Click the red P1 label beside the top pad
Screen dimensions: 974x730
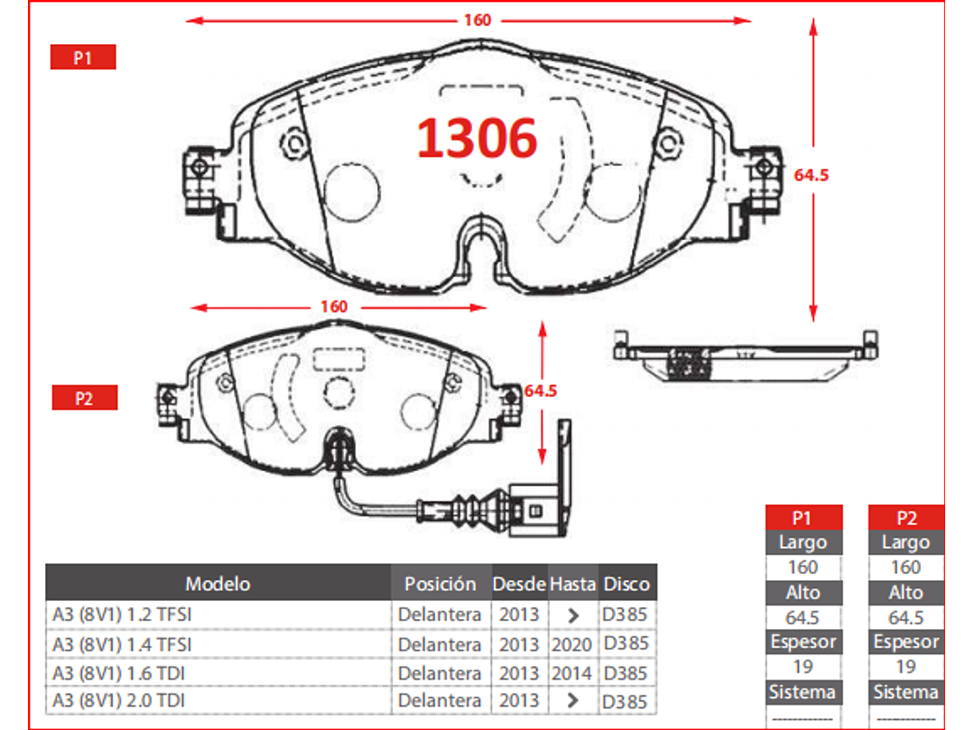tap(83, 57)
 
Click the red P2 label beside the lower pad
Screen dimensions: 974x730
tap(85, 398)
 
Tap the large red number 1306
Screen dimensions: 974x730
tap(477, 138)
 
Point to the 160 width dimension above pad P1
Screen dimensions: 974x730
tap(477, 21)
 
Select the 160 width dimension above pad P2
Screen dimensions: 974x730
tap(334, 307)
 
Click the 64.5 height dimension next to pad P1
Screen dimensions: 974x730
tap(811, 175)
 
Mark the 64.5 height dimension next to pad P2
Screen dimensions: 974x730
tap(541, 391)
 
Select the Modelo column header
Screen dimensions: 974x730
tap(218, 584)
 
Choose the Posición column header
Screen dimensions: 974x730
tap(441, 584)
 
